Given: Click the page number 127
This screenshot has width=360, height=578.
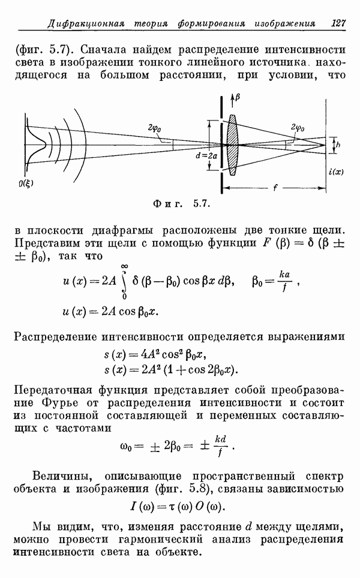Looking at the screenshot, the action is point(338,23).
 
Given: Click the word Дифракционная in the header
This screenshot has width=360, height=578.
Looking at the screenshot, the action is point(86,25).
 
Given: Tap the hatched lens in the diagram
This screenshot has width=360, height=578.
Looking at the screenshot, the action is point(232,144).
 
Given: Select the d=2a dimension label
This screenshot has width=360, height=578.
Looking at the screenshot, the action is point(206,155).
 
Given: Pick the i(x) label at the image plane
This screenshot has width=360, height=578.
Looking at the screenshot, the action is point(335,171).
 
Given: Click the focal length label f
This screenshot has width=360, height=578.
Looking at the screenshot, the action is point(275,188).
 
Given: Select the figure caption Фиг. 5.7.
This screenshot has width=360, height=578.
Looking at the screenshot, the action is point(181,203).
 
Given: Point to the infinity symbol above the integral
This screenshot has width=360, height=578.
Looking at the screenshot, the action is point(124,266).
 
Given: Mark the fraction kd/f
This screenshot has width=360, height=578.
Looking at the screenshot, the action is point(220,445).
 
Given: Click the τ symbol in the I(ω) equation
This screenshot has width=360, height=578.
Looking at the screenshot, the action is point(172,507).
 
